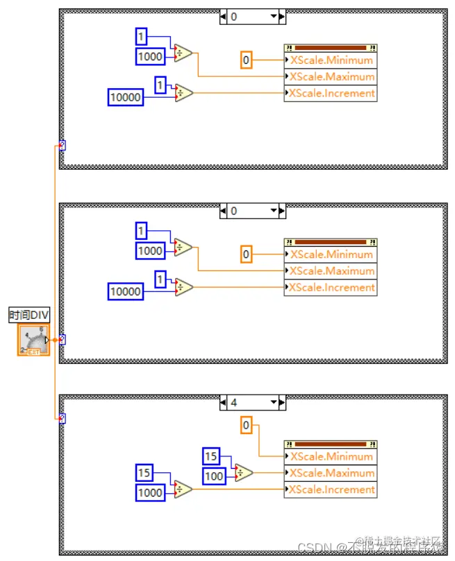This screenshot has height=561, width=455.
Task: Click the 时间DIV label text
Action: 29,316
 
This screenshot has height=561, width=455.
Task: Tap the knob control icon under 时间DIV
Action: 33,340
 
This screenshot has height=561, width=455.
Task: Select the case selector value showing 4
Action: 234,402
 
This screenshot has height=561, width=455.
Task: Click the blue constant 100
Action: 214,476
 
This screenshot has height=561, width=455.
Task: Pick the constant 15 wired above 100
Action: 210,456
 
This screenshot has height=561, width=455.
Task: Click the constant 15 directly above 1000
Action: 144,473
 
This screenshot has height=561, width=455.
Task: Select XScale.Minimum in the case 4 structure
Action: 331,456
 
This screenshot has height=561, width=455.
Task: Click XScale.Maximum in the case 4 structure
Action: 331,473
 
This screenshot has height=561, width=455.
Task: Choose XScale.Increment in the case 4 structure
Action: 331,490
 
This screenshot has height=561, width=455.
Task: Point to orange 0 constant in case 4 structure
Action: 246,425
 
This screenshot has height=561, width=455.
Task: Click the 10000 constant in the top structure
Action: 126,98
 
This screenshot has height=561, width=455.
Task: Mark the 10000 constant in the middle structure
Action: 126,292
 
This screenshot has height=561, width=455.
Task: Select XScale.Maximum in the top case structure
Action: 331,77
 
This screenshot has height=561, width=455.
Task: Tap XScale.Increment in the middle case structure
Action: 331,288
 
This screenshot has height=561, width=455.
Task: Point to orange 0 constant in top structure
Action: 246,60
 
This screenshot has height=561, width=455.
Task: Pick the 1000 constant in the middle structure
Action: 151,251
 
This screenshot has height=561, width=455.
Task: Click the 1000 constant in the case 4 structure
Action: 151,493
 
